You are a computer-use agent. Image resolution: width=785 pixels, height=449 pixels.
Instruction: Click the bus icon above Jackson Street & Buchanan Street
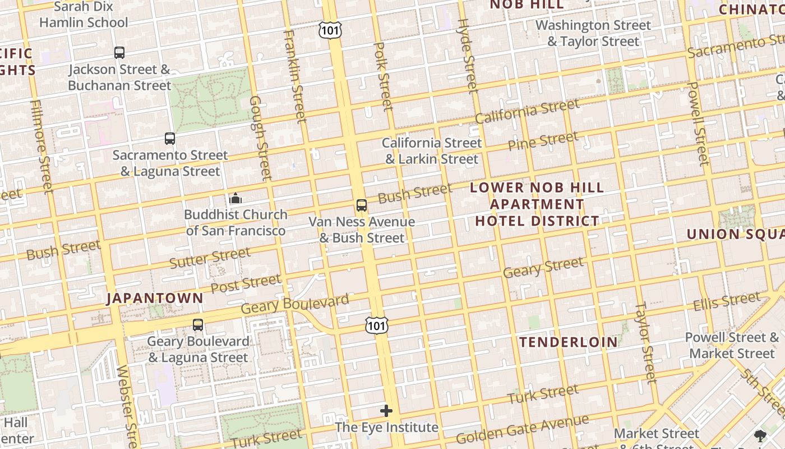click(119, 53)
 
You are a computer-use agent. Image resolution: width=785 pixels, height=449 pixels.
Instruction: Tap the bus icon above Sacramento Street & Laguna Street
click(169, 138)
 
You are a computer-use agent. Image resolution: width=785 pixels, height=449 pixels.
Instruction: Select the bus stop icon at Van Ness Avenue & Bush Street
click(362, 205)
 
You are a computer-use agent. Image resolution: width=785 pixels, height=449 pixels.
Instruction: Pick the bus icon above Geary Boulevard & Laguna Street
click(197, 324)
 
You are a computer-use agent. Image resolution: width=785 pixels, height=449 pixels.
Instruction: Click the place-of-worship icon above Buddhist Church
click(235, 198)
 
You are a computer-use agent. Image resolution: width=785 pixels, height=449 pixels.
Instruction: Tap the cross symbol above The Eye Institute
click(386, 411)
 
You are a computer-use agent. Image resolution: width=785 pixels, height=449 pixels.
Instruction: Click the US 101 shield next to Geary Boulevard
click(376, 324)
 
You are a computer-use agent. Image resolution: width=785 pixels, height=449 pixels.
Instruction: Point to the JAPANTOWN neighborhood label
click(155, 298)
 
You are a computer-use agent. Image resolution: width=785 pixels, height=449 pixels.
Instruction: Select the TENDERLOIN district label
click(568, 342)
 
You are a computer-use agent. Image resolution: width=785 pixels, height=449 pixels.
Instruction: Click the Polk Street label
click(384, 76)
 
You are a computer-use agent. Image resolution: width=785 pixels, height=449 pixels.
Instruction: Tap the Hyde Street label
click(467, 55)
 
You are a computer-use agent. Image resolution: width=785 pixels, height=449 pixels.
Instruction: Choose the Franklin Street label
click(295, 76)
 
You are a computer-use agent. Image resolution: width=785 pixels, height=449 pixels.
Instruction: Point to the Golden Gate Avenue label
click(522, 429)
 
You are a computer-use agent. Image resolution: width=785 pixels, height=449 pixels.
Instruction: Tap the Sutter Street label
click(210, 258)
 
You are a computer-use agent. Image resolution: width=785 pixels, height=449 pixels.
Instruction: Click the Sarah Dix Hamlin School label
click(84, 15)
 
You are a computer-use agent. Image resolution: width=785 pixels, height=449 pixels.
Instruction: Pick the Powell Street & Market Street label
click(731, 345)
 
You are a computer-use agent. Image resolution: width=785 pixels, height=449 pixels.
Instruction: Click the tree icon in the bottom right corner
click(760, 435)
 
